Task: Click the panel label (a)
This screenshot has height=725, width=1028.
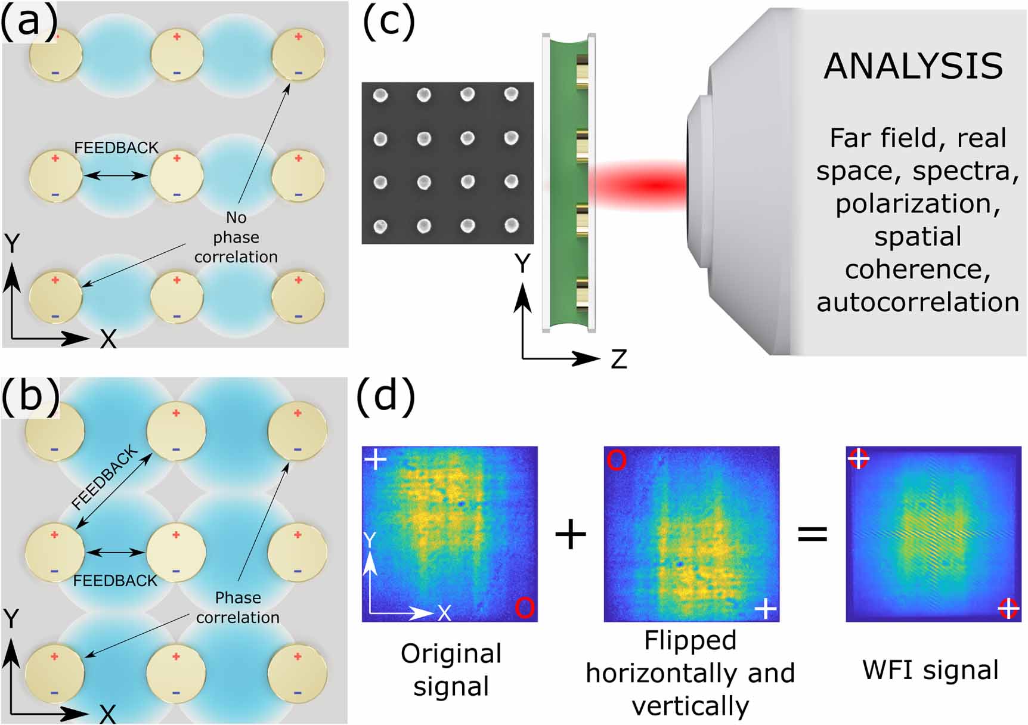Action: pos(29,22)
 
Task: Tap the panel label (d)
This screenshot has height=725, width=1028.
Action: pos(385,395)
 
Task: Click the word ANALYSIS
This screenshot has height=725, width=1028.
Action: pos(913,66)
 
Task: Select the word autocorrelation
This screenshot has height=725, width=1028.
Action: pos(918,302)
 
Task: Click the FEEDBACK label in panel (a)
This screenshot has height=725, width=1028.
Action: pos(116,148)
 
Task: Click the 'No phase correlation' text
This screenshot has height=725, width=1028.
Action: pos(236,237)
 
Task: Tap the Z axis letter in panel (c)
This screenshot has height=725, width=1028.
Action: pos(618,360)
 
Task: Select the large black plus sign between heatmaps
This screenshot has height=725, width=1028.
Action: pos(571,534)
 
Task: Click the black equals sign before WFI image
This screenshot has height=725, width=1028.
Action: pos(812,534)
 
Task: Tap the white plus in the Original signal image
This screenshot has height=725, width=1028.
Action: pos(376,460)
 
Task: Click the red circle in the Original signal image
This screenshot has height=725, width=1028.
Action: pos(524,608)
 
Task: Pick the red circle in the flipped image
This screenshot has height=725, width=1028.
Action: pos(617,460)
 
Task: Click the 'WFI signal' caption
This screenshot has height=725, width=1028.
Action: pos(930,670)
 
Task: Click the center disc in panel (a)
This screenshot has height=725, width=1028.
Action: pos(177,176)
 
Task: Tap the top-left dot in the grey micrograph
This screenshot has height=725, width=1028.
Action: pos(380,95)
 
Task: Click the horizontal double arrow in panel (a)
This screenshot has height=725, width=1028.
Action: pos(116,175)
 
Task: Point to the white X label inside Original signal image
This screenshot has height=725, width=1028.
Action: pos(444,613)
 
